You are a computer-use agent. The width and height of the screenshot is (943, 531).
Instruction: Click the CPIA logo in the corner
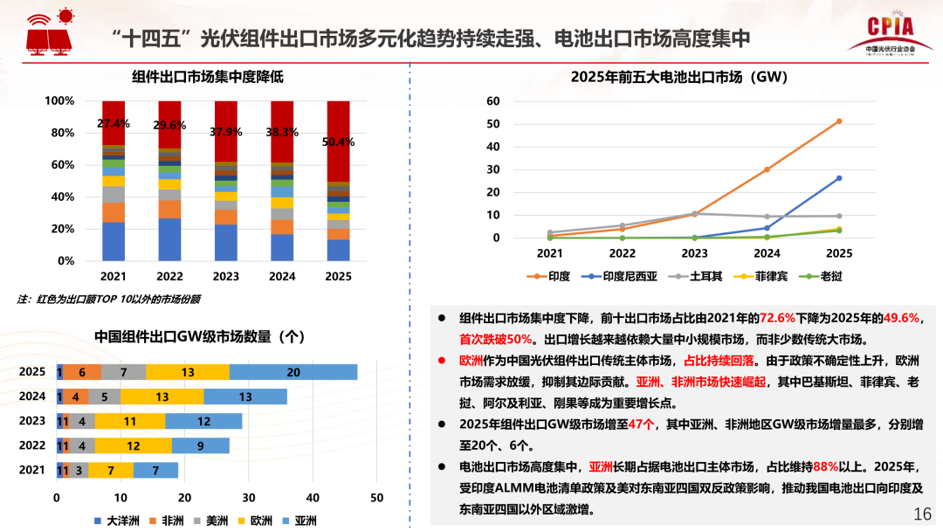(x=891, y=35)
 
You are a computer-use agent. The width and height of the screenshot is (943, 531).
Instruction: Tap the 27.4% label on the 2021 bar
(x=114, y=123)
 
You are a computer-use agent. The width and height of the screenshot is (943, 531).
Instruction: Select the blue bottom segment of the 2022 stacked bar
(x=169, y=239)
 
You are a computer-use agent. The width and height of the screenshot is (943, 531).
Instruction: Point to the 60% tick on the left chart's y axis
(x=60, y=165)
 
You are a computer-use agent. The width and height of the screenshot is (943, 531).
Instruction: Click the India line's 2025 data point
(x=839, y=121)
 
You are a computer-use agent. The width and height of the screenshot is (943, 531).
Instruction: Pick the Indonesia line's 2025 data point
(x=839, y=178)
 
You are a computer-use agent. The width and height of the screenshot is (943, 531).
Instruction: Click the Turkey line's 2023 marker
(x=694, y=213)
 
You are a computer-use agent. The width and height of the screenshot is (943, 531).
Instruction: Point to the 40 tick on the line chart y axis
(x=493, y=147)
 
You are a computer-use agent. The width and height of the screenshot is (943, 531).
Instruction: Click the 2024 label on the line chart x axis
(x=767, y=253)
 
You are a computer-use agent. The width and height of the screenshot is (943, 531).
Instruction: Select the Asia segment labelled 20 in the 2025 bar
(x=293, y=372)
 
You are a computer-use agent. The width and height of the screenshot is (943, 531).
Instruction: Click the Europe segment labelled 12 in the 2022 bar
(x=134, y=445)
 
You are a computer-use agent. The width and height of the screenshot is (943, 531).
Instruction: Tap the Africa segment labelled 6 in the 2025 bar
(x=82, y=372)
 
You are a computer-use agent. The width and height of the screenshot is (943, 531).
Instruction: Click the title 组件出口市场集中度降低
(x=208, y=77)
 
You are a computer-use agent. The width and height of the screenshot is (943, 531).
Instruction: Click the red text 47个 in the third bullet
(x=642, y=424)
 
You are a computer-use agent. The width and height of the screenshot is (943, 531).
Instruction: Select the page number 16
(x=922, y=514)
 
